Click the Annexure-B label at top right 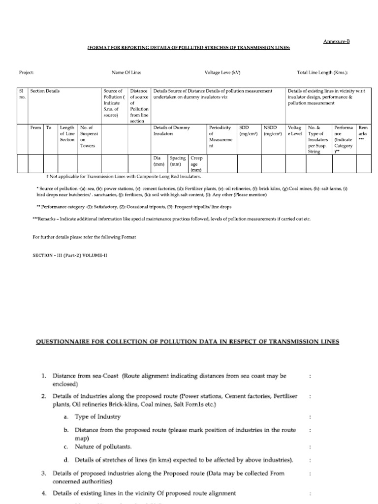pos(336,41)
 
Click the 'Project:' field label pos(26,72)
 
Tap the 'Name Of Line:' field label pos(126,72)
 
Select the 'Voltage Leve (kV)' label pos(222,72)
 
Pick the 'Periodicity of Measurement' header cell pos(220,136)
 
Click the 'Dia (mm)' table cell pos(158,161)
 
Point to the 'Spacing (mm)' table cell pos(178,161)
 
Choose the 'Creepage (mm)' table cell pos(196,164)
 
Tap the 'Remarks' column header pos(363,133)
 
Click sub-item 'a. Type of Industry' pos(97,416)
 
